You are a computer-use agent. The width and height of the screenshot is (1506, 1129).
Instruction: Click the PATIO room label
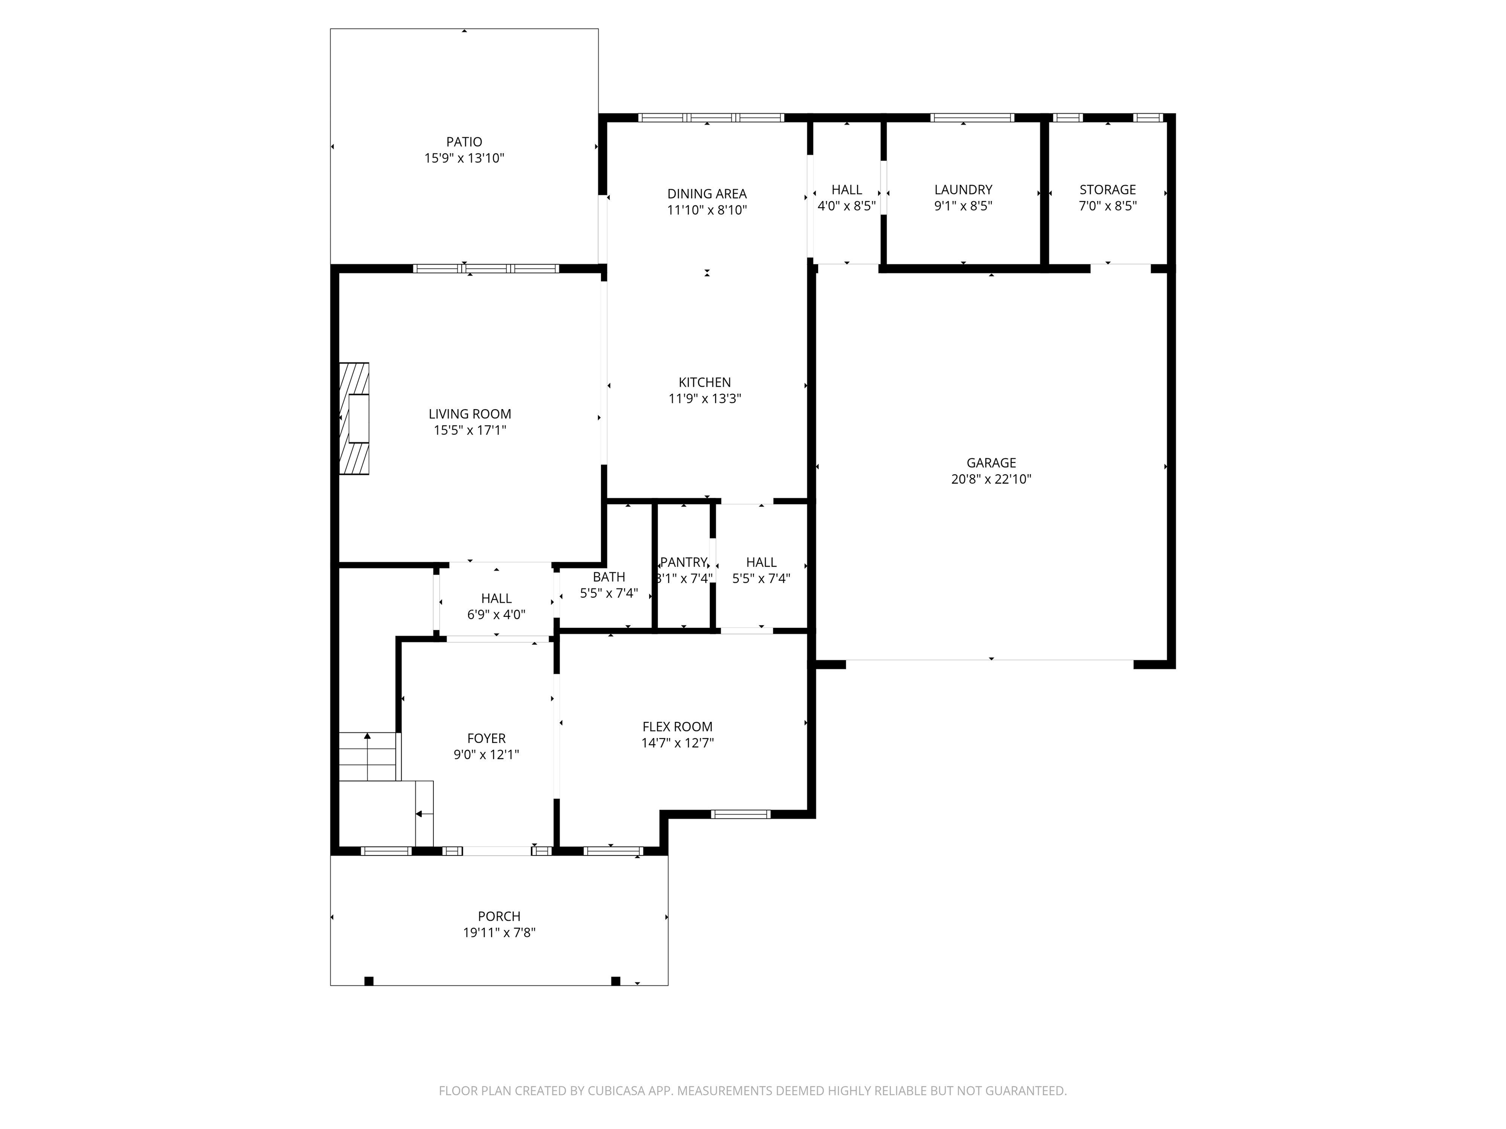pyautogui.click(x=464, y=142)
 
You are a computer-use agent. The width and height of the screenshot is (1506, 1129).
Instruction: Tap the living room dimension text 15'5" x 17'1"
pyautogui.click(x=470, y=430)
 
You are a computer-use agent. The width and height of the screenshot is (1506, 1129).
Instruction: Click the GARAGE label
pyautogui.click(x=991, y=463)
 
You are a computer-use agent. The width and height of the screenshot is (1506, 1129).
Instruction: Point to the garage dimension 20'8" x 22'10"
pyautogui.click(x=991, y=479)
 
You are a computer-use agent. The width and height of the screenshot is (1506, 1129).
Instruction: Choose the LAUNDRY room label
pyautogui.click(x=963, y=190)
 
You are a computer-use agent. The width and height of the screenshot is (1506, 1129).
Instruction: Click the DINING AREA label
pyautogui.click(x=707, y=194)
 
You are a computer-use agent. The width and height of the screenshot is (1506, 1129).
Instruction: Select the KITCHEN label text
pyautogui.click(x=704, y=382)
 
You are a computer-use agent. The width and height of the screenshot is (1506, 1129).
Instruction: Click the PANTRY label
pyautogui.click(x=683, y=562)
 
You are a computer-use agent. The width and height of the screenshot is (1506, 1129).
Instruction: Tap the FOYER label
pyautogui.click(x=486, y=738)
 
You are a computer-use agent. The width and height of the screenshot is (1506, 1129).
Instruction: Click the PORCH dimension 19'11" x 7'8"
pyautogui.click(x=499, y=933)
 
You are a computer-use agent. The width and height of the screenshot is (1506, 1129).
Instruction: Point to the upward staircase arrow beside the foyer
pyautogui.click(x=368, y=737)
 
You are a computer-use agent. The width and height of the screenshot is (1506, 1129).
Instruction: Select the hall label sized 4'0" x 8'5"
pyautogui.click(x=846, y=190)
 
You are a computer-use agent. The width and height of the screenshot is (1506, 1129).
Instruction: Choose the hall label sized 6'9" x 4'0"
pyautogui.click(x=496, y=599)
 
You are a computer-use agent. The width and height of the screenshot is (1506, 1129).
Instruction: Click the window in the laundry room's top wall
pyautogui.click(x=972, y=118)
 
